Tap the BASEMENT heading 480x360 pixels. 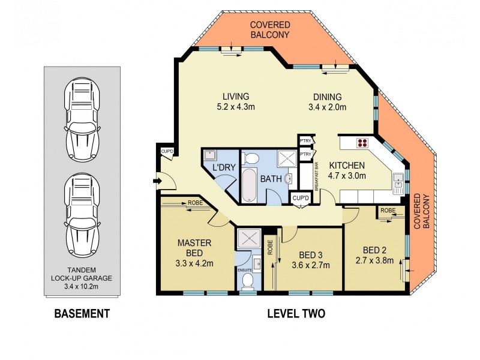click(x=82, y=313)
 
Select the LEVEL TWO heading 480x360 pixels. click(x=296, y=313)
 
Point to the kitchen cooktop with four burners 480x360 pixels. click(x=362, y=143)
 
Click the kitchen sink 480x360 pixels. click(x=398, y=181)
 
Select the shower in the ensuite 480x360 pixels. click(x=247, y=238)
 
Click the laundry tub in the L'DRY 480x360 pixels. click(x=210, y=157)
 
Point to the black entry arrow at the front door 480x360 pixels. click(x=157, y=179)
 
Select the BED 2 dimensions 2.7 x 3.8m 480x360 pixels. click(x=376, y=260)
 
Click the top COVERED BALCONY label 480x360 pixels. click(x=270, y=29)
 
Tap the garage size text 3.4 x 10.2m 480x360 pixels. click(x=82, y=286)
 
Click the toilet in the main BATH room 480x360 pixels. click(x=253, y=158)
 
